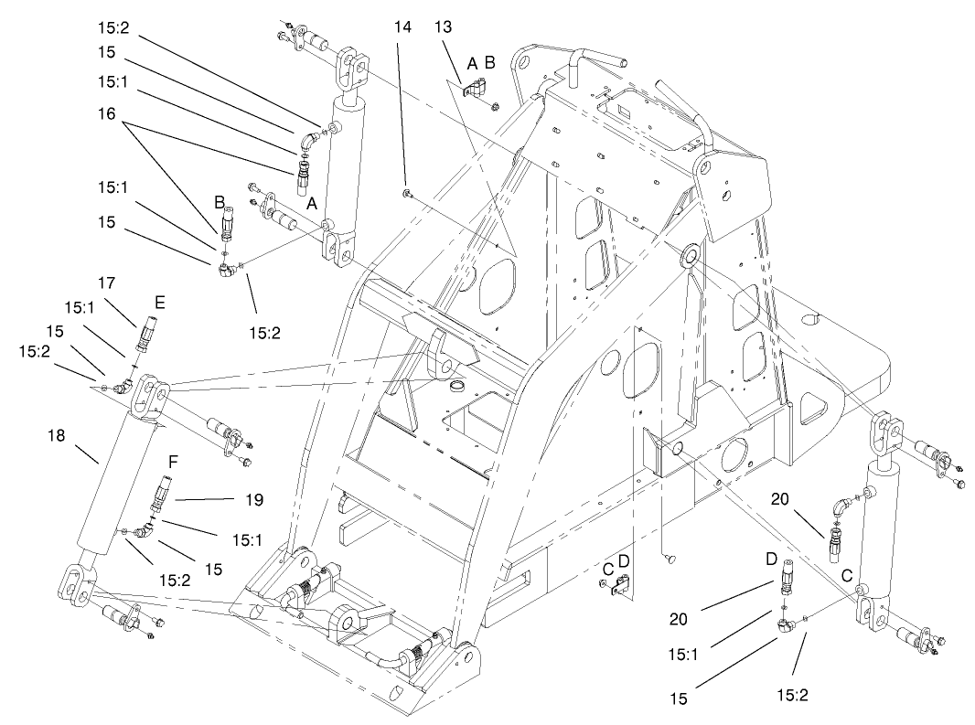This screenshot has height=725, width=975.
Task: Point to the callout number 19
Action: click(254, 500)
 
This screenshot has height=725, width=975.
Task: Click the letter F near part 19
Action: click(171, 462)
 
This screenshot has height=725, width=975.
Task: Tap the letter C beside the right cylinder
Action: click(847, 578)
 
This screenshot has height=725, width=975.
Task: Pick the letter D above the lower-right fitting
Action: click(771, 557)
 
